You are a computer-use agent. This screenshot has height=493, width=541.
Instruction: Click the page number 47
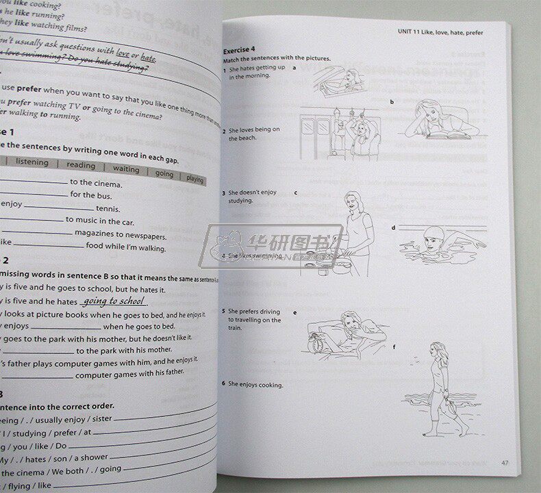[504, 463]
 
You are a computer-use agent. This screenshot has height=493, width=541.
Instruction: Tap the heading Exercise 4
[239, 49]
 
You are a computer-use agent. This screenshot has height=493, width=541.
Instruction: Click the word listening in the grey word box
[32, 162]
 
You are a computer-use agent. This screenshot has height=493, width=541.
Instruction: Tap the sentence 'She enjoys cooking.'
[255, 385]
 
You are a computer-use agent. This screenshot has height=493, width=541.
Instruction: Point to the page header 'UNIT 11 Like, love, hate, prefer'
[452, 31]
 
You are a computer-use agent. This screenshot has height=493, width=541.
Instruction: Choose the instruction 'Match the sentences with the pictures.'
[277, 59]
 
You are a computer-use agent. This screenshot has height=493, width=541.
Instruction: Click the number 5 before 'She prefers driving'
[224, 312]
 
